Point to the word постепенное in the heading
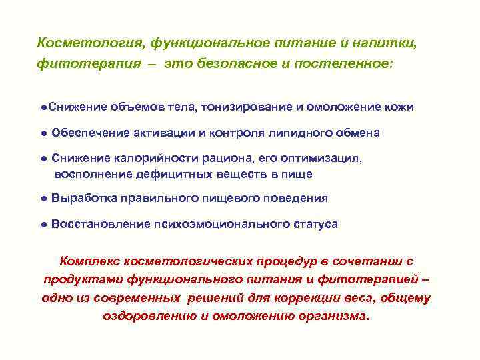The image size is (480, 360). click(x=353, y=65)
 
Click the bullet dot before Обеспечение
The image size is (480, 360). click(x=43, y=133)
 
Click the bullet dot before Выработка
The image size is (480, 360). click(x=43, y=199)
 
